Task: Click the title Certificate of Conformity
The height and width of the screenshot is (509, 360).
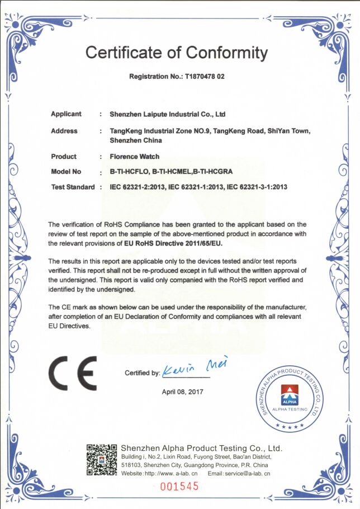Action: tap(177, 53)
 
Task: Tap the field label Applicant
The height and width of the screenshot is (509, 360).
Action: tap(66, 114)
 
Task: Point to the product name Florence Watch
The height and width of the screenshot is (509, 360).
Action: tap(134, 157)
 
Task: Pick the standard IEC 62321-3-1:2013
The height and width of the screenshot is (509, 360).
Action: tap(255, 187)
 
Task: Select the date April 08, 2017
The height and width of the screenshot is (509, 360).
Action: tap(183, 392)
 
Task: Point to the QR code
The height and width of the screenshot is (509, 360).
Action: tap(101, 460)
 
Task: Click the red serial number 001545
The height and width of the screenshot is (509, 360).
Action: tap(179, 486)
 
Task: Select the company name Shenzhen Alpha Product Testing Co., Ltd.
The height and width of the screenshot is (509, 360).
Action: tap(202, 449)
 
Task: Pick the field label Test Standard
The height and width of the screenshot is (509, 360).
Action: tap(73, 187)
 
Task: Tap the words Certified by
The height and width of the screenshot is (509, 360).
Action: tap(142, 373)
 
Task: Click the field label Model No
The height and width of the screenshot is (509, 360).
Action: tap(66, 172)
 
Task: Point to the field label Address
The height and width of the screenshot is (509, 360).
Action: tap(64, 131)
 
